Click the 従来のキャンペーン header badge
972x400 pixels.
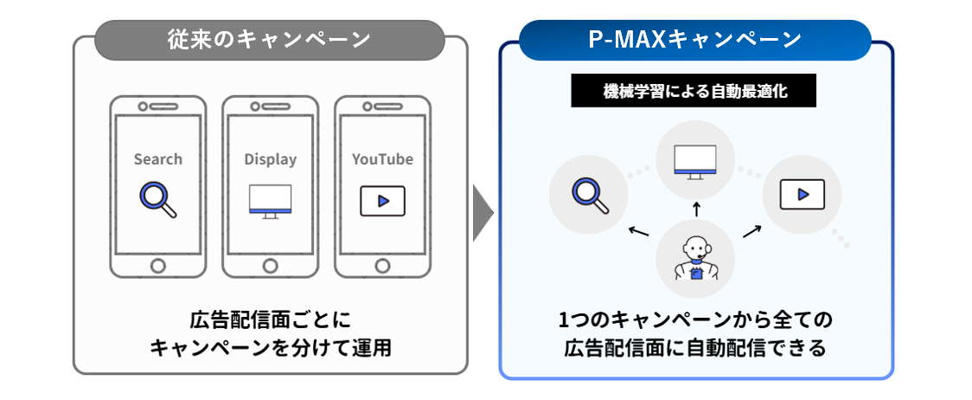pyautogui.click(x=269, y=41)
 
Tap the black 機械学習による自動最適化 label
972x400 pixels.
pyautogui.click(x=694, y=92)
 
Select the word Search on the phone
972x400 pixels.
pyautogui.click(x=158, y=159)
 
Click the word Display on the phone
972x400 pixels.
pyautogui.click(x=270, y=159)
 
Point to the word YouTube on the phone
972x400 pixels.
pyautogui.click(x=382, y=159)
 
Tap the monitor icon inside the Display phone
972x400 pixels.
pyautogui.click(x=270, y=201)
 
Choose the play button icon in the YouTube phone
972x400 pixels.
pyautogui.click(x=382, y=201)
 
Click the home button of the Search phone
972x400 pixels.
pyautogui.click(x=158, y=264)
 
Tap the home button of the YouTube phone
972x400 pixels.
pyautogui.click(x=382, y=264)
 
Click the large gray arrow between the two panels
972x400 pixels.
pyautogui.click(x=483, y=211)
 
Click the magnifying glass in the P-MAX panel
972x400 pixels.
pyautogui.click(x=590, y=195)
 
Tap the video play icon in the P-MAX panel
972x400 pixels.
pyautogui.click(x=802, y=194)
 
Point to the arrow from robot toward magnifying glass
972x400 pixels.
pyautogui.click(x=638, y=231)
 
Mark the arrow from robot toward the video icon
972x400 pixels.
pyautogui.click(x=751, y=230)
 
